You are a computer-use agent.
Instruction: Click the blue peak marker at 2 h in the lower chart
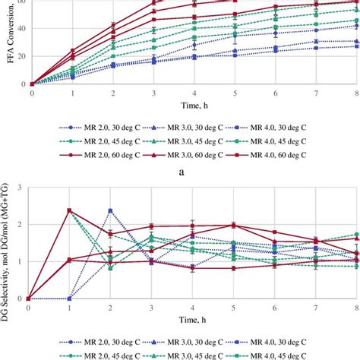tap(110, 210)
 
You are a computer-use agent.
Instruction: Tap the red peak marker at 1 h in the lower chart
tap(70, 210)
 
